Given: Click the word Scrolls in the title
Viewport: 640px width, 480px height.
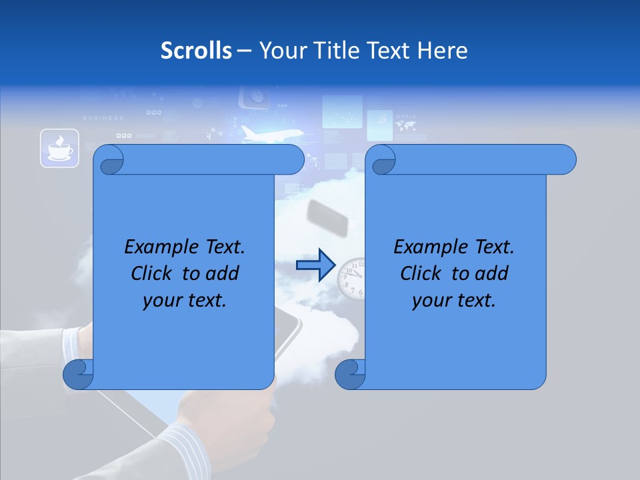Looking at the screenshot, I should point(197,50).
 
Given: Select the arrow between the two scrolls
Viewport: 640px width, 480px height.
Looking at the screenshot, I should point(315,266).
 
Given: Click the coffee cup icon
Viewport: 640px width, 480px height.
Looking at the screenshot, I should point(59,148).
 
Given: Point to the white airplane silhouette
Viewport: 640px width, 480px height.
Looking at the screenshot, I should point(270,134).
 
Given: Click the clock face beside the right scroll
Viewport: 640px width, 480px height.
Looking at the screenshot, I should point(351,277).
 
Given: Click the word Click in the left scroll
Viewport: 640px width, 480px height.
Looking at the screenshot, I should point(152,273).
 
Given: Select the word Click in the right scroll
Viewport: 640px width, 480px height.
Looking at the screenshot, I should point(421,273).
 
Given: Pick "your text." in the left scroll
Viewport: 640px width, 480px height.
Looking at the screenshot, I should point(185,300).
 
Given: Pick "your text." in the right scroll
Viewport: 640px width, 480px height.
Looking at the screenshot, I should point(454,300).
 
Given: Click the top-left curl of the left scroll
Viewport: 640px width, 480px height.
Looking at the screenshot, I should point(109,160).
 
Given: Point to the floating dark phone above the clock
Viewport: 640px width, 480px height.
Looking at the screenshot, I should point(327,219).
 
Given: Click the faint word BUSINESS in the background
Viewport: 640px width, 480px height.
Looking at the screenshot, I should point(103,118).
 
